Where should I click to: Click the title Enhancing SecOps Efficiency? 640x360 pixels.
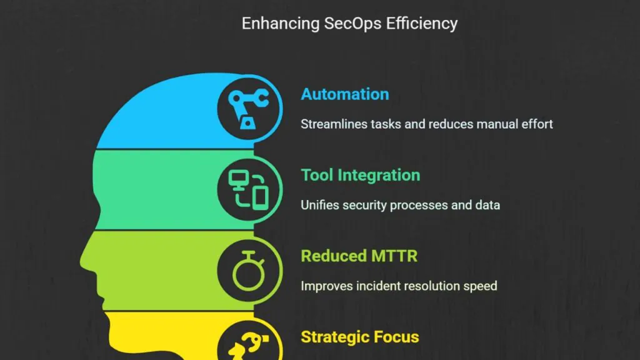(x=349, y=24)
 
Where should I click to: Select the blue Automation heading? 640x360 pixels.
(x=345, y=94)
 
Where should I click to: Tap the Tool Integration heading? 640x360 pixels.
(x=361, y=176)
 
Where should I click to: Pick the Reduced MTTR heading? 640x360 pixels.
(x=359, y=256)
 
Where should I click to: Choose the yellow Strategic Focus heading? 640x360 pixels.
(x=360, y=337)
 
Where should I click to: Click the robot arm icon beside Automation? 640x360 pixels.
(x=248, y=109)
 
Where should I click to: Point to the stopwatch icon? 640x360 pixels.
(x=249, y=271)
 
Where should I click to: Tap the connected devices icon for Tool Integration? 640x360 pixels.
(x=248, y=190)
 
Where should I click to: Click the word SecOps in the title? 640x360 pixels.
(x=352, y=24)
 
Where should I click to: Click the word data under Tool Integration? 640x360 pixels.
(x=487, y=205)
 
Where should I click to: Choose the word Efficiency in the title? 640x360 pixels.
(x=422, y=24)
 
